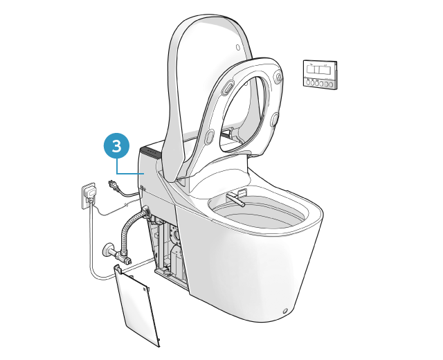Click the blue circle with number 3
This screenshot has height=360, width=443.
[117, 146]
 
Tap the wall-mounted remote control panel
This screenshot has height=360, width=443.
[320, 74]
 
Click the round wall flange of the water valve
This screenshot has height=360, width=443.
[107, 249]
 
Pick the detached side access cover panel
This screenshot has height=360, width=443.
[136, 305]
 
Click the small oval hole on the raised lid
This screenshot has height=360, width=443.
[238, 47]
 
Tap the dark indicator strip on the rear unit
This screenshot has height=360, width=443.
[151, 152]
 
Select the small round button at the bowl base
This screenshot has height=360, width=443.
[285, 311]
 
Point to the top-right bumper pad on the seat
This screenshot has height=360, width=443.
[279, 77]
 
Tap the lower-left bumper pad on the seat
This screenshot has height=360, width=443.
[210, 136]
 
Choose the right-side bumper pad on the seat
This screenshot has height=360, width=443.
[275, 119]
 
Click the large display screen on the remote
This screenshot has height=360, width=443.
[319, 70]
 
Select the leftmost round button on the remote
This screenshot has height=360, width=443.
[308, 83]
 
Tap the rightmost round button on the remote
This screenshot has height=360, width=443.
[331, 84]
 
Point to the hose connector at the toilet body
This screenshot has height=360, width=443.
[145, 212]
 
